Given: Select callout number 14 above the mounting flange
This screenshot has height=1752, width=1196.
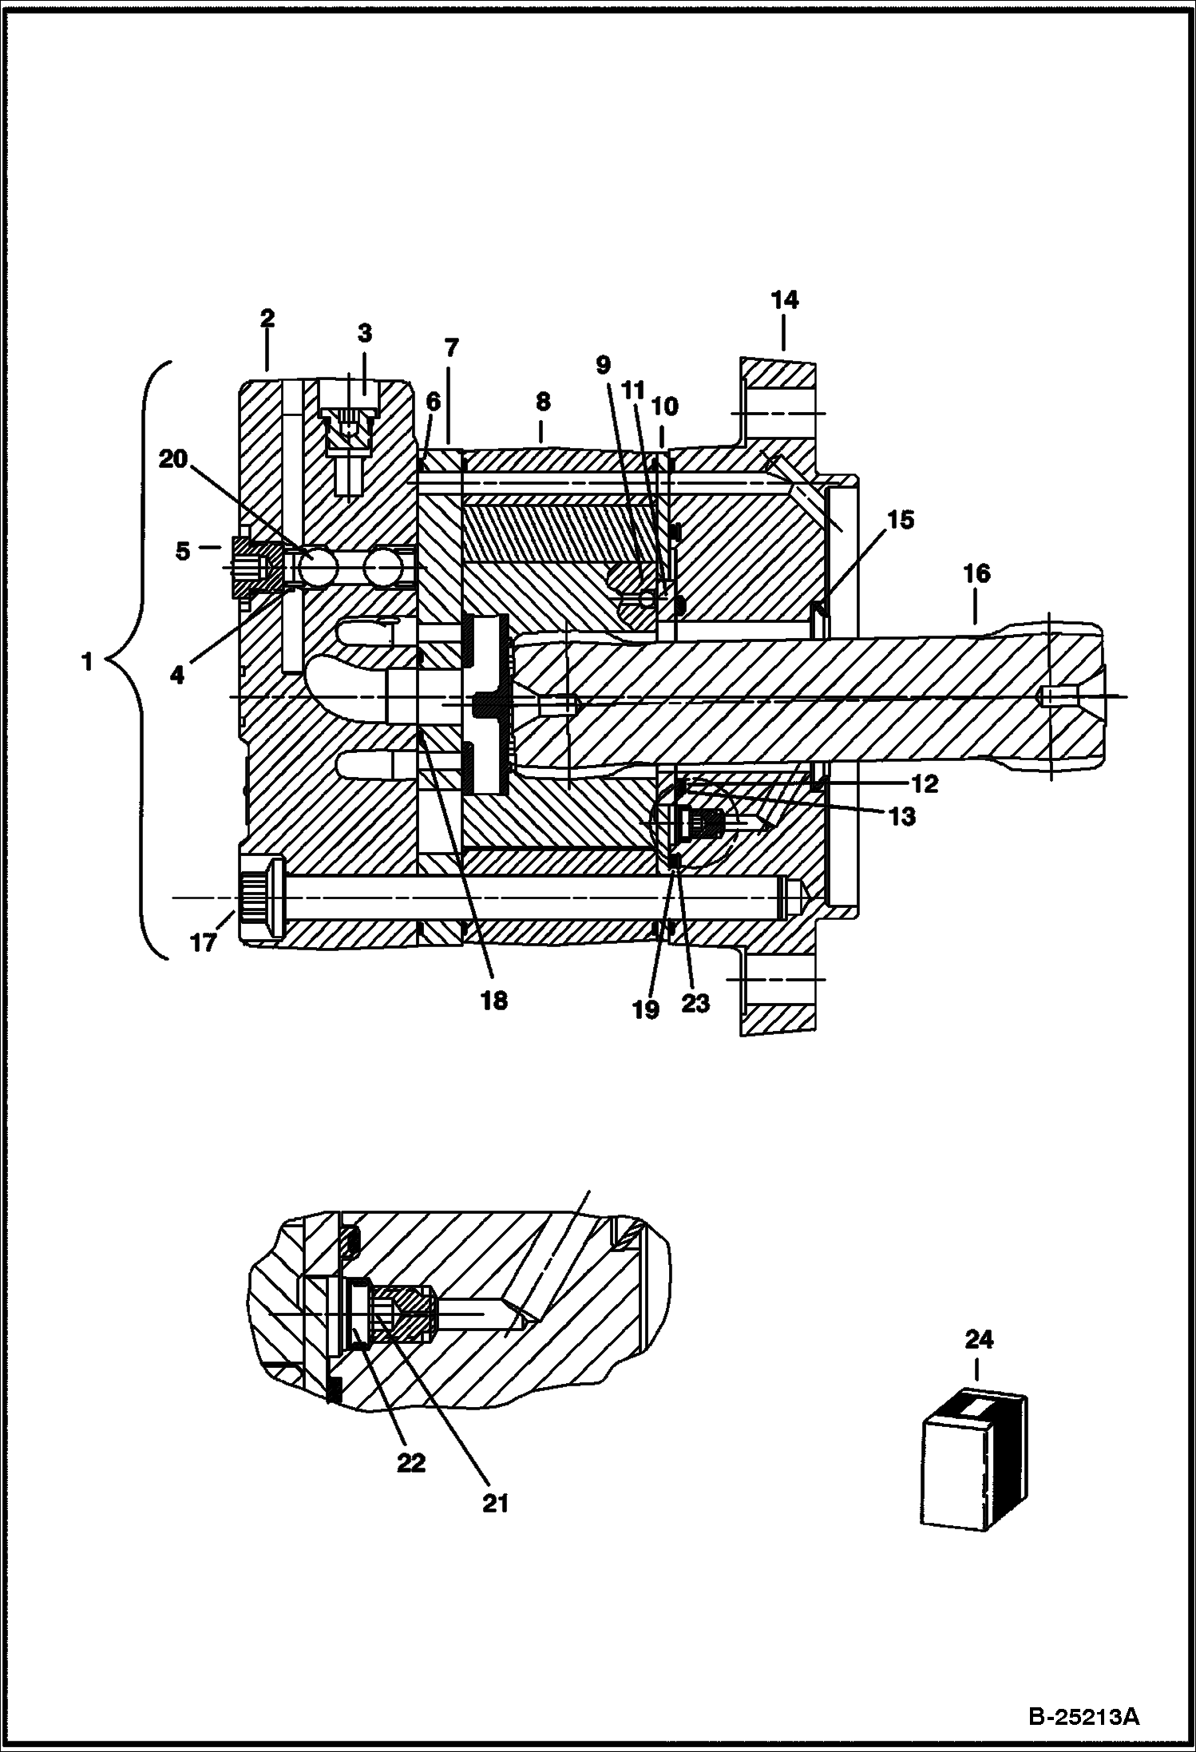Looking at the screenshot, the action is point(784,300).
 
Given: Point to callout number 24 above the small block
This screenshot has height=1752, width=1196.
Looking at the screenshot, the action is point(979,1339).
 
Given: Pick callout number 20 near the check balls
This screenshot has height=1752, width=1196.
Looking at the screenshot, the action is point(173,459).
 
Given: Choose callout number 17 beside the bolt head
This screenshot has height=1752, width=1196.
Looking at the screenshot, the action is point(203,942).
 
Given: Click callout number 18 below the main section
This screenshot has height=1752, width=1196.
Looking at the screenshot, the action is point(494,1001).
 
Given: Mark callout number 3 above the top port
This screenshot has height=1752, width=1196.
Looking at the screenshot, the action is point(365,332).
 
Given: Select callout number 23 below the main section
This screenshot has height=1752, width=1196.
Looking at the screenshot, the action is point(695,1003).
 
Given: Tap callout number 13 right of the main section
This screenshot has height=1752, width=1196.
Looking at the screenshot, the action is point(902,817).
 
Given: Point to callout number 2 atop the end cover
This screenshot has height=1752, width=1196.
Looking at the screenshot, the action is point(267,318).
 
